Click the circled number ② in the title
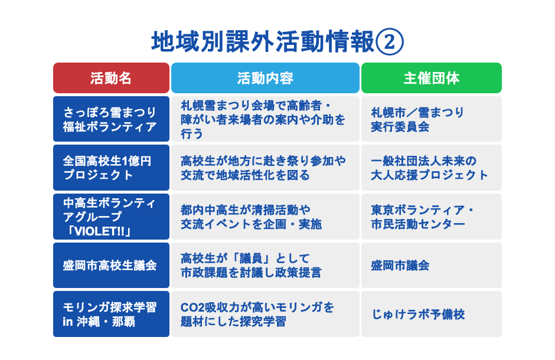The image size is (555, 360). [x=389, y=42]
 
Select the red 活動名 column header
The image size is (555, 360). [x=111, y=78]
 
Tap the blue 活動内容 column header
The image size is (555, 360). [x=265, y=78]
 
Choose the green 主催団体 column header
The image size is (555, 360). [x=432, y=78]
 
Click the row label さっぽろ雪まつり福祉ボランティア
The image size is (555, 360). [x=111, y=119]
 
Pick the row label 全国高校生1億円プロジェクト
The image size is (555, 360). [x=111, y=168]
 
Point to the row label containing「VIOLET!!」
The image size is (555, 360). [x=111, y=216]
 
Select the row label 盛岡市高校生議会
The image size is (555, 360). [x=111, y=265]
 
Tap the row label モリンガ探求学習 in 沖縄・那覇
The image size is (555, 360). [x=111, y=314]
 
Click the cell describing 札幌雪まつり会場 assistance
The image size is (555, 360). [x=265, y=119]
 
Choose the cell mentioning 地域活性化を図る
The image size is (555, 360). [x=265, y=168]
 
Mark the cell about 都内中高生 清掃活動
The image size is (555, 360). [x=265, y=216]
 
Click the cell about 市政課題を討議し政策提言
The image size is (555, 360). [x=265, y=265]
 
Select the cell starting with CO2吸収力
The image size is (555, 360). [x=265, y=314]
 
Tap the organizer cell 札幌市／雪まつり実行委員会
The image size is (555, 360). [x=432, y=119]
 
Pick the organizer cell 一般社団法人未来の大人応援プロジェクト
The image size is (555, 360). [x=432, y=168]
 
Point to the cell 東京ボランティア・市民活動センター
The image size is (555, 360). [x=432, y=216]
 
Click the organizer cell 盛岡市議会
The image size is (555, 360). [x=432, y=265]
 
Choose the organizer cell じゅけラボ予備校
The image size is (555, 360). [x=432, y=314]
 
